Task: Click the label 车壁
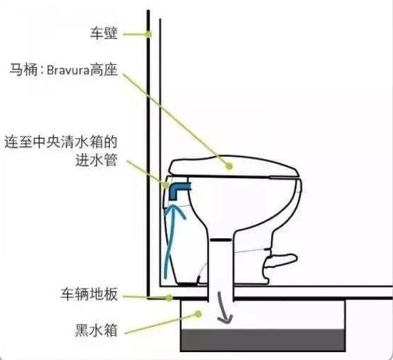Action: pos(103,34)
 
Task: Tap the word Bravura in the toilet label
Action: pos(68,71)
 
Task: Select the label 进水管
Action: pos(96,160)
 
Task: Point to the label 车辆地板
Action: pos(89,294)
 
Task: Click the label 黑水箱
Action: pos(96,330)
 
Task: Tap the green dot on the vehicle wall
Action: pos(149,34)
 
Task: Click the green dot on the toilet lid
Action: pos(229,165)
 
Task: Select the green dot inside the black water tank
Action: pos(198,314)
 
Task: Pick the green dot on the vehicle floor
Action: pos(170,297)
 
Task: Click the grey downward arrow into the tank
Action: pos(224,307)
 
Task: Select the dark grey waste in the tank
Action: pos(263,340)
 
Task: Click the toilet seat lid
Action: pos(234,167)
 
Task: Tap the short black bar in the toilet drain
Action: pos(220,240)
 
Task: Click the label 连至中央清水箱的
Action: pos(61,142)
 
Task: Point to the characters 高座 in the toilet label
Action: pos(103,70)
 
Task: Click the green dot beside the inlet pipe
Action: pos(166,185)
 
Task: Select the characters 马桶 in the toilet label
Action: pos(24,70)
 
